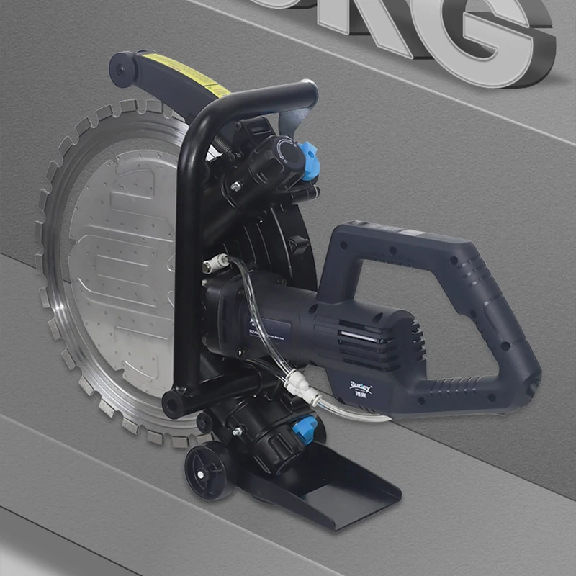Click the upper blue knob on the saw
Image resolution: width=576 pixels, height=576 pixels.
(310, 160)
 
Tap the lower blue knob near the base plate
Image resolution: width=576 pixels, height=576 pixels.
(304, 430)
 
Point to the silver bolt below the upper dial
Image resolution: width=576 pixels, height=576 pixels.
(236, 186)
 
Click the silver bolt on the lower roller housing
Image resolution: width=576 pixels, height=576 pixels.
(235, 432)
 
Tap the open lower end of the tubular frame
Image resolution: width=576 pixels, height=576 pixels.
(173, 403)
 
